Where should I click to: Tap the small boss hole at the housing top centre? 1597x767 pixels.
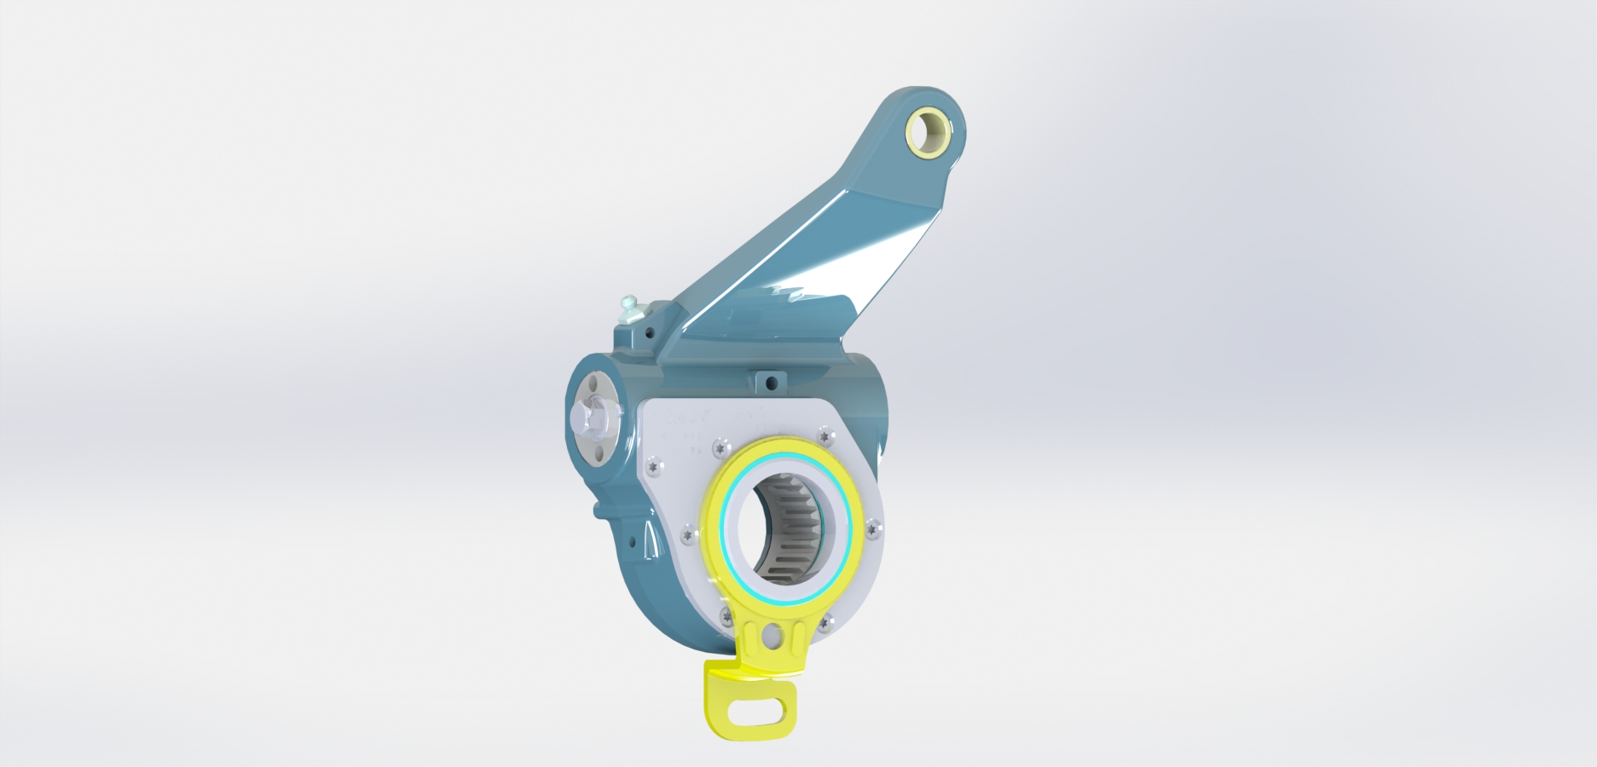coord(772,383)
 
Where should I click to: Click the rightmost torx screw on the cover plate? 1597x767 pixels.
coord(871,530)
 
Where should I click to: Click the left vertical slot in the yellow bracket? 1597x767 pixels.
coord(750,638)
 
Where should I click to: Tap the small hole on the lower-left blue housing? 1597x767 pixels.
coord(633,542)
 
